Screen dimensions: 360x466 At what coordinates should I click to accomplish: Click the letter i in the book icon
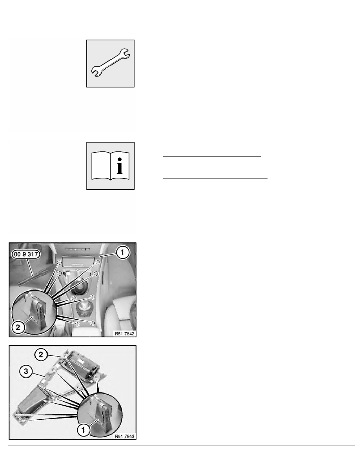point(119,166)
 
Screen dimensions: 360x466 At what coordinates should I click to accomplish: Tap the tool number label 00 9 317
point(26,254)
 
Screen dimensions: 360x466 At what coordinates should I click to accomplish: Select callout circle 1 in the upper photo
point(122,253)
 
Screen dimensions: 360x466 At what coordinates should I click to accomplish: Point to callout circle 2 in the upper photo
point(18,327)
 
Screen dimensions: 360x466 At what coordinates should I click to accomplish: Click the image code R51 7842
point(125,333)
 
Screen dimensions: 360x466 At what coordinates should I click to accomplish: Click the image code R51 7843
point(125,436)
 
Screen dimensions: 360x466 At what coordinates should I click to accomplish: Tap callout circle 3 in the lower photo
point(26,371)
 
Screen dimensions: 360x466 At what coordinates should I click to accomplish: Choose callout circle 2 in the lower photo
point(41,354)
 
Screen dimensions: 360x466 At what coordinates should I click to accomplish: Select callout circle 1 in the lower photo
point(83,430)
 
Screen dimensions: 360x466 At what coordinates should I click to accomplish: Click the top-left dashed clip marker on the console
point(59,262)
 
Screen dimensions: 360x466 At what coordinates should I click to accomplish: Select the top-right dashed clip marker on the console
point(97,262)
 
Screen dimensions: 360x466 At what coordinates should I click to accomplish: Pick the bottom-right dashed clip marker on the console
point(93,323)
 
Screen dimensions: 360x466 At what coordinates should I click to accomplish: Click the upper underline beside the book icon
point(212,156)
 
